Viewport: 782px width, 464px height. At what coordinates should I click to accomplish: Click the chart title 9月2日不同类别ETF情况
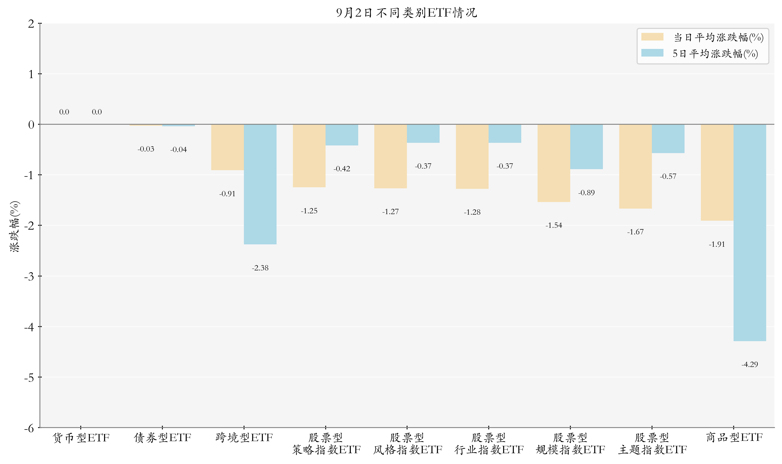pyautogui.click(x=407, y=13)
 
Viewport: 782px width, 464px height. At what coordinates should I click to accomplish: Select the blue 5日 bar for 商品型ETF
pyautogui.click(x=750, y=233)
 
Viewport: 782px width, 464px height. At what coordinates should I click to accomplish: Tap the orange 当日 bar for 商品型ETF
pyautogui.click(x=717, y=173)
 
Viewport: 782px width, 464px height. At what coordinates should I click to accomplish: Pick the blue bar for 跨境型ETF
pyautogui.click(x=260, y=184)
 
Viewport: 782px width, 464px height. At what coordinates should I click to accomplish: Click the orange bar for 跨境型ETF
pyautogui.click(x=228, y=147)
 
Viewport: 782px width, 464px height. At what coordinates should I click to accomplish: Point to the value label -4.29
pyautogui.click(x=750, y=364)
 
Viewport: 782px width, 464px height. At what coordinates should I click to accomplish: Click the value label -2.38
pyautogui.click(x=260, y=268)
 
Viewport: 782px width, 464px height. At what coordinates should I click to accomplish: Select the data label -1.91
pyautogui.click(x=717, y=244)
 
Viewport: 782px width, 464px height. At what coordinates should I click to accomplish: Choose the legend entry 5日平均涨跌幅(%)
pyautogui.click(x=700, y=53)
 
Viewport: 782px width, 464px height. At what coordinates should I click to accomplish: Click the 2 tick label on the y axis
pyautogui.click(x=31, y=24)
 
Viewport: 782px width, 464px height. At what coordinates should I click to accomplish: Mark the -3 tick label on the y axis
pyautogui.click(x=29, y=276)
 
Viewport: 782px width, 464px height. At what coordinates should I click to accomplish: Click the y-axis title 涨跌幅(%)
pyautogui.click(x=14, y=226)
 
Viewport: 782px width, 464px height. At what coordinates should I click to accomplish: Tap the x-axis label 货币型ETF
pyautogui.click(x=81, y=438)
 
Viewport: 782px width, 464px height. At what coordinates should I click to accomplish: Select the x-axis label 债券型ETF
pyautogui.click(x=163, y=438)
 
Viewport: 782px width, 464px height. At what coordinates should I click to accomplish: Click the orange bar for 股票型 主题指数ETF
pyautogui.click(x=636, y=166)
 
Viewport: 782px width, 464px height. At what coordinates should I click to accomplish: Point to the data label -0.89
pyautogui.click(x=586, y=193)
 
